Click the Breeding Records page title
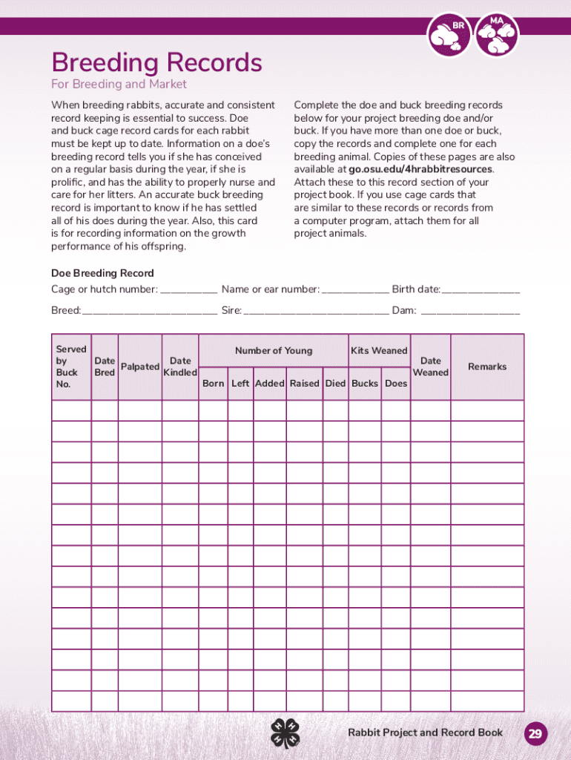156,62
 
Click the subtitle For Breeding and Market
119,85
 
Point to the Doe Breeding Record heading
102,273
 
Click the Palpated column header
140,367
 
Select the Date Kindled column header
180,367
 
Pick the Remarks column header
487,367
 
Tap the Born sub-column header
214,384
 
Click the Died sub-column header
335,384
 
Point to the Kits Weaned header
379,350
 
